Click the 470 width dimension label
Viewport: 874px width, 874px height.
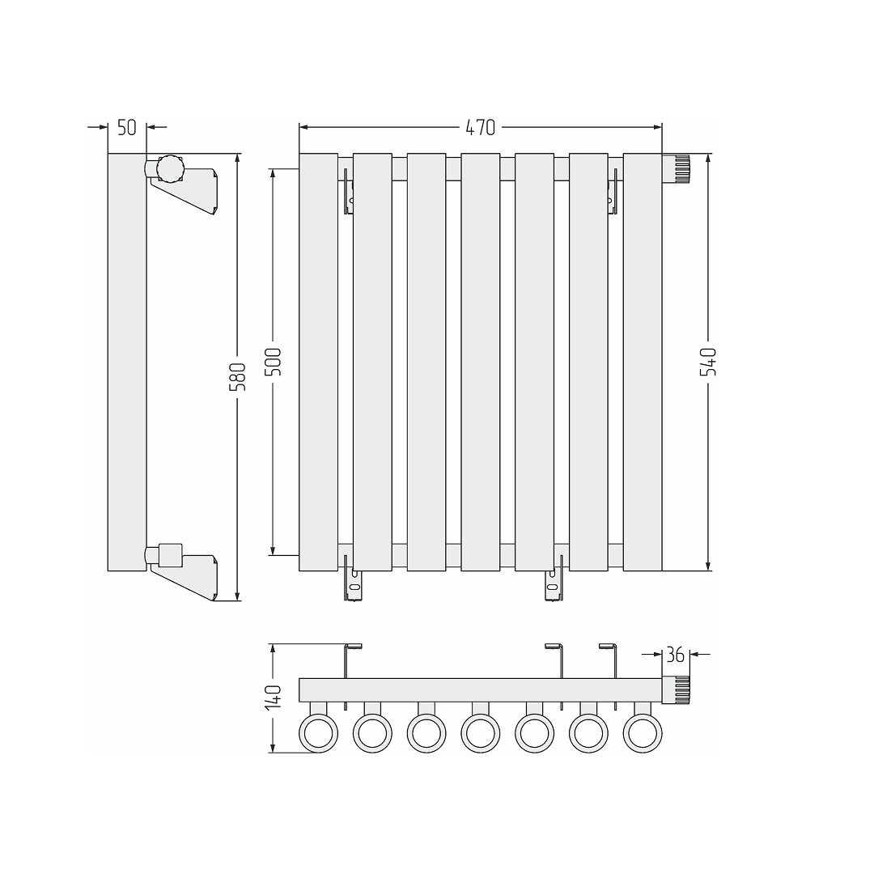(480, 128)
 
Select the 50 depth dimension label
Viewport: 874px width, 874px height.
(127, 127)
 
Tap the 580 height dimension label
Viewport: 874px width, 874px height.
(237, 377)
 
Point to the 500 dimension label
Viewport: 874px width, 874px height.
(274, 361)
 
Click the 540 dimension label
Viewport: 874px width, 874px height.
(708, 361)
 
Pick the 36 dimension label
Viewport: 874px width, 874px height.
(676, 655)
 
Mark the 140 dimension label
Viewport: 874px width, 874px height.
(274, 698)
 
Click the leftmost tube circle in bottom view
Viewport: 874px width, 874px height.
(319, 734)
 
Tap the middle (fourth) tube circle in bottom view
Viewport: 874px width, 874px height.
(481, 734)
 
